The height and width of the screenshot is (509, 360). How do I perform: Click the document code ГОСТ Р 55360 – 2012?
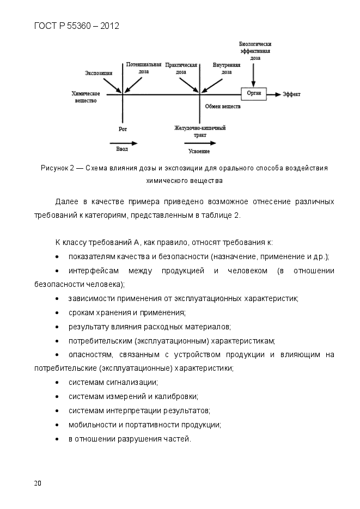click(x=77, y=26)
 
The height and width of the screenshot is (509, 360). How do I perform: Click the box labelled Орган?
click(x=254, y=94)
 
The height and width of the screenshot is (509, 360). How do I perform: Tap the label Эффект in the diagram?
click(x=291, y=94)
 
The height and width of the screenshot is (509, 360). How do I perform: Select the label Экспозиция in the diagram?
click(x=99, y=72)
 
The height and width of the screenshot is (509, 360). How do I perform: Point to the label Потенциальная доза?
click(x=144, y=68)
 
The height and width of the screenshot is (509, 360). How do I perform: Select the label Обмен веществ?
click(x=222, y=107)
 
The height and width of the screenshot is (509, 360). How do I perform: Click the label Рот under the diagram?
click(x=123, y=129)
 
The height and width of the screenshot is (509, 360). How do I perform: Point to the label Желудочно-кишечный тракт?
click(x=200, y=131)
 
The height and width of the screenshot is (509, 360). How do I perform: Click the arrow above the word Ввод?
click(x=127, y=143)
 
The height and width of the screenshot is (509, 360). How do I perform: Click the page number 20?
click(x=37, y=483)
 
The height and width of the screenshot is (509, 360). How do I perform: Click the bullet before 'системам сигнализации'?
click(x=58, y=383)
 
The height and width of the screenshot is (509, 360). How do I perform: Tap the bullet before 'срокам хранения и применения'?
click(x=58, y=312)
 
